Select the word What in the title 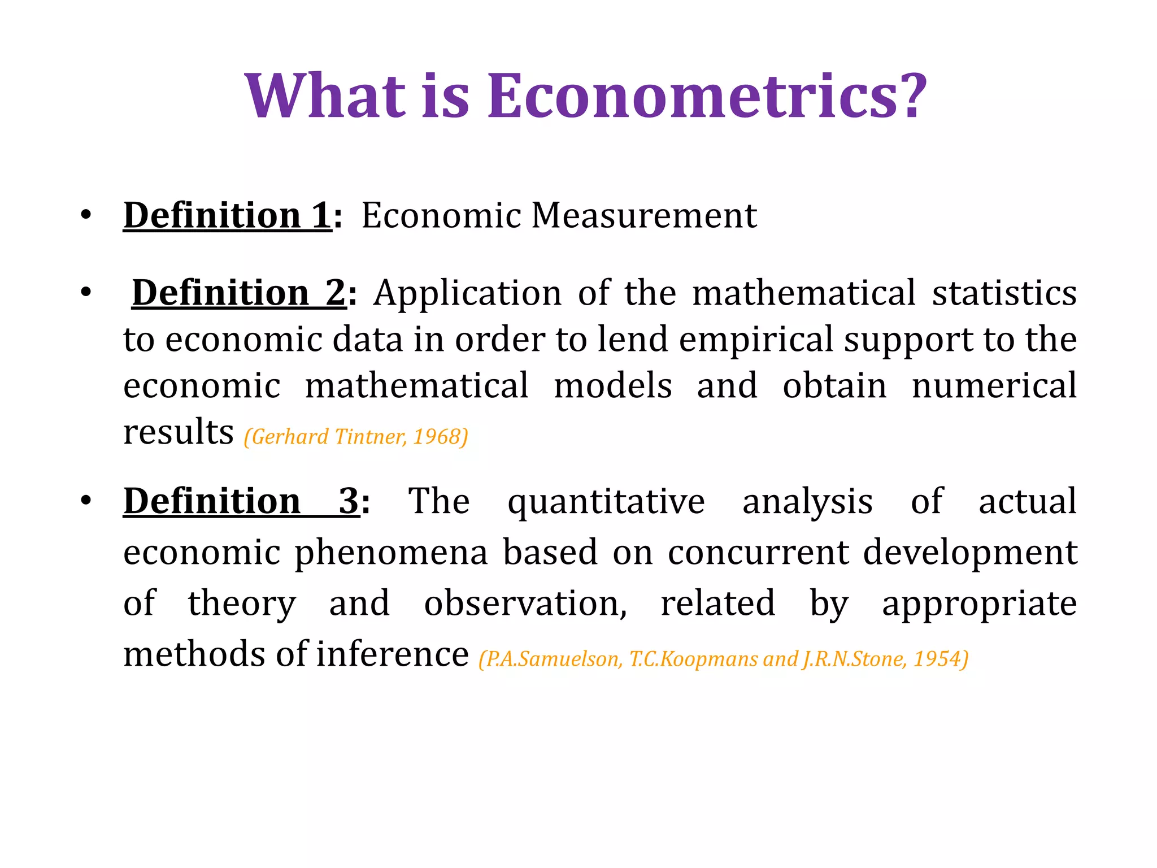(x=325, y=96)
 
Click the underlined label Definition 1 (x=227, y=215)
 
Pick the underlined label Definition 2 (x=238, y=293)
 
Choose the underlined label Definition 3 (x=241, y=501)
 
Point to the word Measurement (x=643, y=215)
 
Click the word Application (x=467, y=293)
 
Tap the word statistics (x=1004, y=293)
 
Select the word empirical (x=756, y=339)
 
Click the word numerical (x=994, y=385)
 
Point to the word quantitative (x=606, y=502)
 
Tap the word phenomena (x=391, y=552)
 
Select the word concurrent (x=758, y=552)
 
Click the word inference (x=392, y=654)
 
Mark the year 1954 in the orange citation (x=938, y=659)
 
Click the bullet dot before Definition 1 (x=85, y=215)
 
